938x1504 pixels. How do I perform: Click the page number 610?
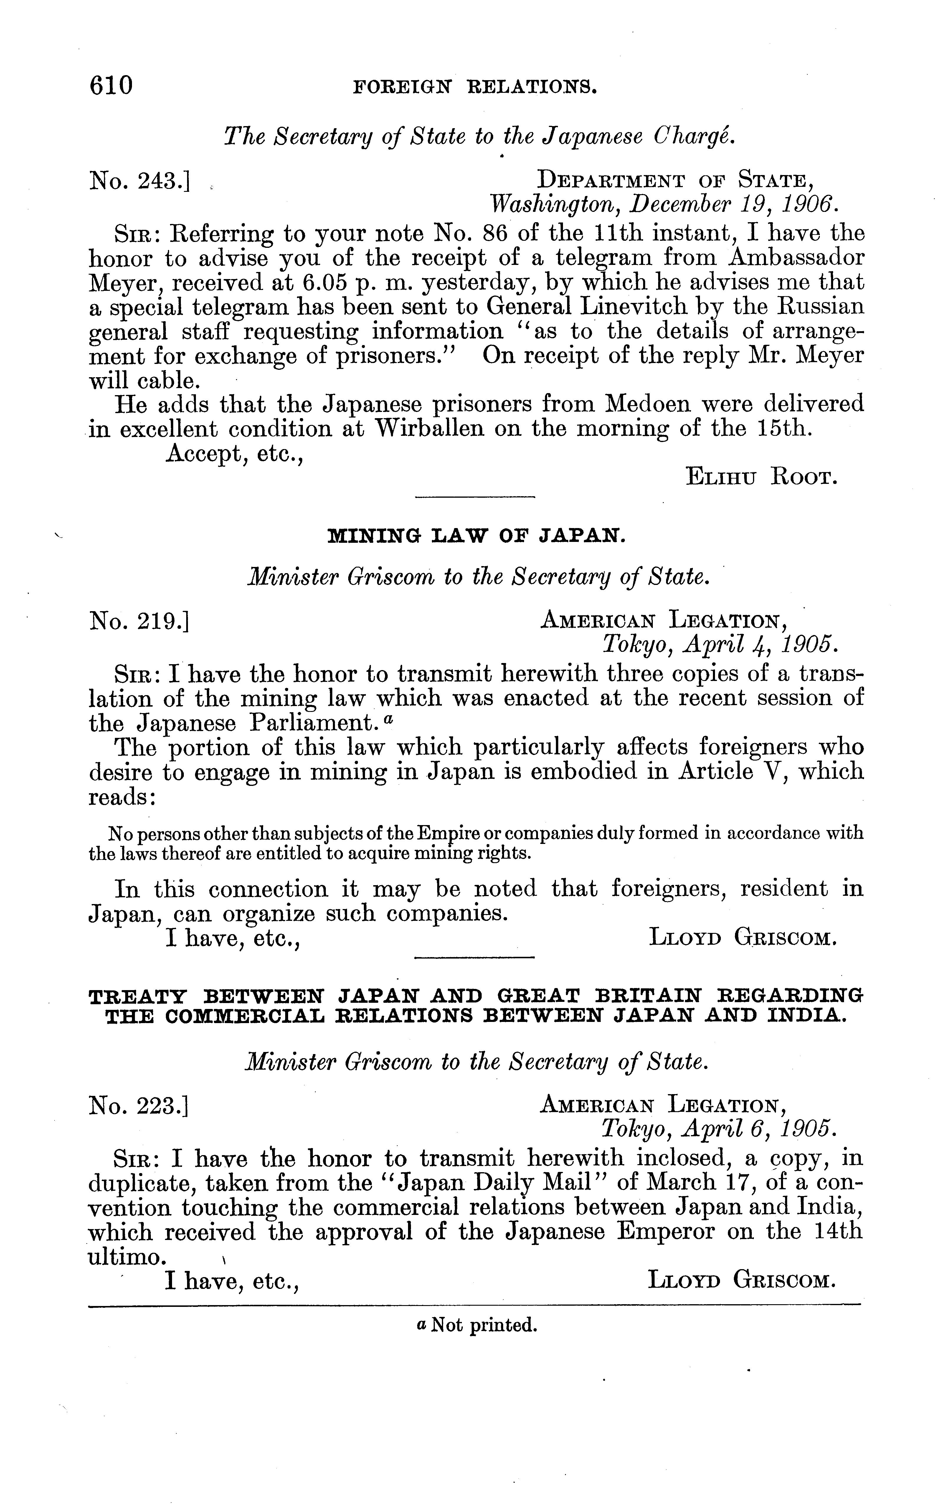pyautogui.click(x=112, y=85)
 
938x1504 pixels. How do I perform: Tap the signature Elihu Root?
pyautogui.click(x=762, y=478)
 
